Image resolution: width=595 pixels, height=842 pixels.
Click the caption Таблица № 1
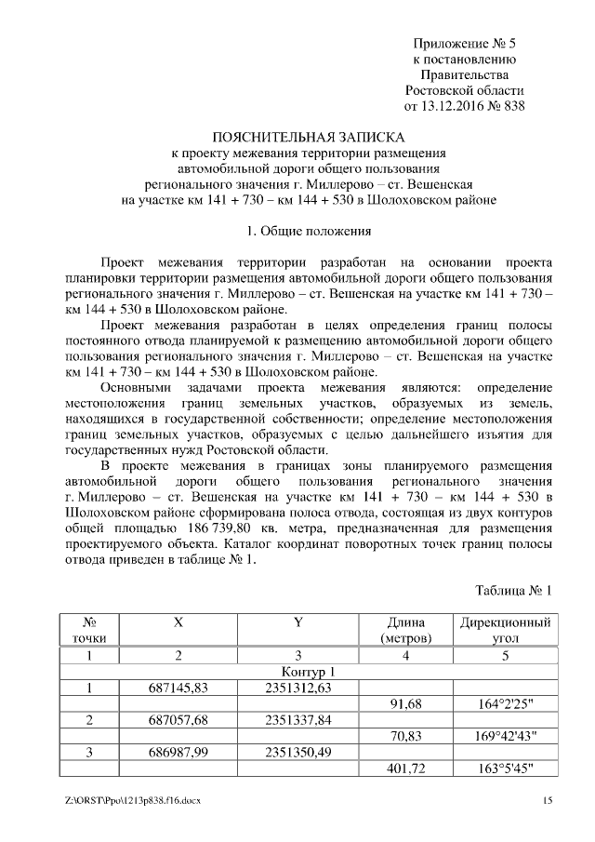[513, 591]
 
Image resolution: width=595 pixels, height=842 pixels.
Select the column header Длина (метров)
[405, 630]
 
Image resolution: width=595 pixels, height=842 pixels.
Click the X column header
[178, 622]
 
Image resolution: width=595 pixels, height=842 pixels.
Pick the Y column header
[297, 622]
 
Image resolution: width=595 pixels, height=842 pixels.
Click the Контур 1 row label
[308, 672]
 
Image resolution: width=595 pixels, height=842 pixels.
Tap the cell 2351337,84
[297, 720]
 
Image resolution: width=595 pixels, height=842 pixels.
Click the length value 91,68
[405, 704]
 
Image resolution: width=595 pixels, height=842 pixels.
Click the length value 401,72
[405, 768]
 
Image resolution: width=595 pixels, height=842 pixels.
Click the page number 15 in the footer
[549, 800]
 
